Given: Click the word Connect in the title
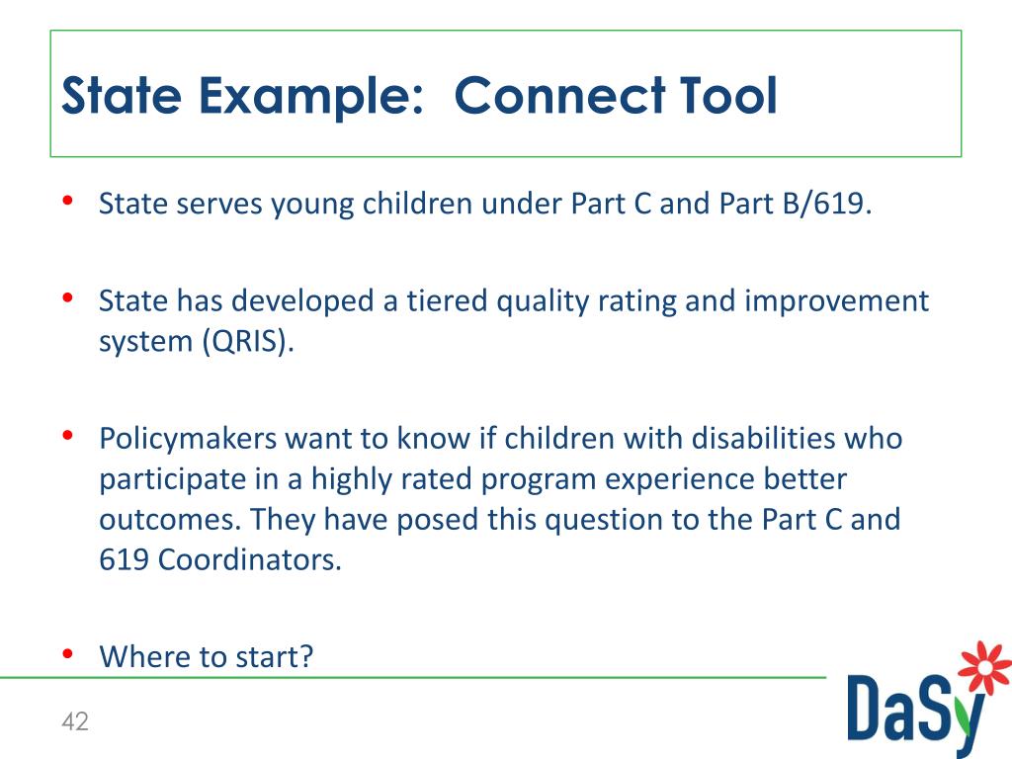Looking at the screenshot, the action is click(x=560, y=96).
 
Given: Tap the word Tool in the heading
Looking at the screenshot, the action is click(x=728, y=96).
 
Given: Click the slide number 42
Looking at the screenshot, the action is click(x=75, y=720).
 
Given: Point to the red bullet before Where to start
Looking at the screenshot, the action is click(x=68, y=654).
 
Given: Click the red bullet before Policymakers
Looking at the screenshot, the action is click(x=68, y=436).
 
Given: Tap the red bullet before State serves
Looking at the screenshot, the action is click(x=68, y=201).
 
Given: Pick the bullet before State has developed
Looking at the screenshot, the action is click(x=68, y=298).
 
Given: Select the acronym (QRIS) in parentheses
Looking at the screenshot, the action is click(x=248, y=341).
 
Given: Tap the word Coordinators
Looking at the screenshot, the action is click(x=250, y=559).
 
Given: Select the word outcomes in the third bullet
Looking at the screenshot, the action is click(x=170, y=520).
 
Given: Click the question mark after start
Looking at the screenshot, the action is click(x=306, y=656).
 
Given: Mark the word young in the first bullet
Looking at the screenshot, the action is click(x=312, y=205).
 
